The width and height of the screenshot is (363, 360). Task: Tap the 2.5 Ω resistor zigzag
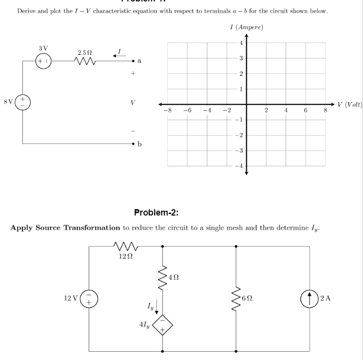(82, 62)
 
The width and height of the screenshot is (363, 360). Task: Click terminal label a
(140, 61)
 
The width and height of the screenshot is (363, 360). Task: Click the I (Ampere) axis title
(246, 28)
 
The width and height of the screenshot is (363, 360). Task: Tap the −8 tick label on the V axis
(167, 111)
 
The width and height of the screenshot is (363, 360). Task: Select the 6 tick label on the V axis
(305, 111)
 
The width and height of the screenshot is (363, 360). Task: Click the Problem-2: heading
(157, 212)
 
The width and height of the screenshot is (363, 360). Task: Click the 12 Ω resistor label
(126, 256)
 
